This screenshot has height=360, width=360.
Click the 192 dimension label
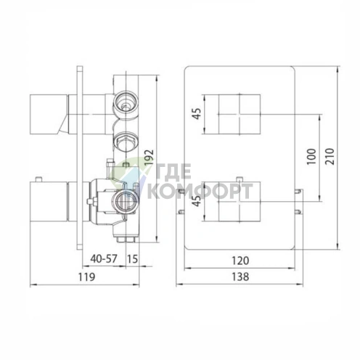150,157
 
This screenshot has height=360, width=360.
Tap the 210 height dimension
330,157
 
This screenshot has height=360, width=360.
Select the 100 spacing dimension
311,157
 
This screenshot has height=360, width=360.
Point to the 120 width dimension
240,261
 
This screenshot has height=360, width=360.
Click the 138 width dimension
240,277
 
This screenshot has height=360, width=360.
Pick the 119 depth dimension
86,277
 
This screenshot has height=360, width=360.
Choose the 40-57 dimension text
104,259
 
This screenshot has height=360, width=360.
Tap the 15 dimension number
133,259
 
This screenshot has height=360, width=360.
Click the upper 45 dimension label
197,114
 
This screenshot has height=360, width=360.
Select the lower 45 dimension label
197,201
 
